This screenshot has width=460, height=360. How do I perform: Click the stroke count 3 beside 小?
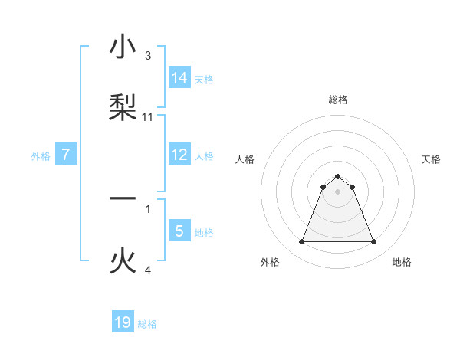coord(148,56)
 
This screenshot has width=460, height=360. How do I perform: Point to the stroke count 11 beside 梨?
coord(148,116)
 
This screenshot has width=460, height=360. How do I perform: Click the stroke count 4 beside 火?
coord(148,270)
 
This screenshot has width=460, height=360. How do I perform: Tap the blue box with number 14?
coord(179,77)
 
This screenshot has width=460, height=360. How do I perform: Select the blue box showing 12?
coord(179,155)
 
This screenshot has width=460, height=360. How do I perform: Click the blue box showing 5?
coord(179,231)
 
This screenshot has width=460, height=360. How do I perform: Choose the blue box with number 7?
coord(66,155)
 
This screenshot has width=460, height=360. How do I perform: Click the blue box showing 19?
coord(123,322)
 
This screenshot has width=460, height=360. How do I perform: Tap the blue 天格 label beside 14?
coord(204,79)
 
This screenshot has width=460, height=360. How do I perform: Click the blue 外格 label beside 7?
coord(41,156)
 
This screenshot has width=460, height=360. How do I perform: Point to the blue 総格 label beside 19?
coord(147,324)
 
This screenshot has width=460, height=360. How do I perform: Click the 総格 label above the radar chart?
coord(338,100)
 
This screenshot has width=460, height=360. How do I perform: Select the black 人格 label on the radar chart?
coord(245,159)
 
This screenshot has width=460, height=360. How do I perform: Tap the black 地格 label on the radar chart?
coord(402,262)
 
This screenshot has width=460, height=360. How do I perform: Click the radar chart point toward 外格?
coord(301,242)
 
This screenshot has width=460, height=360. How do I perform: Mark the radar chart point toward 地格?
coord(373,242)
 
